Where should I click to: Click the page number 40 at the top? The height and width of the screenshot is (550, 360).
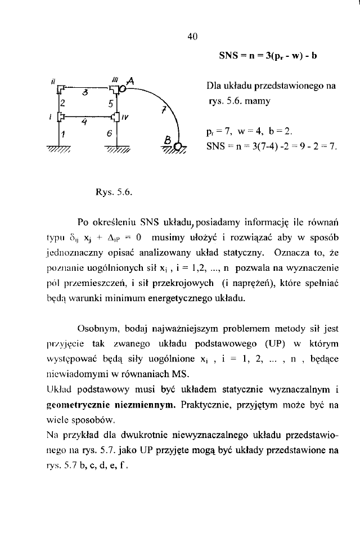192,37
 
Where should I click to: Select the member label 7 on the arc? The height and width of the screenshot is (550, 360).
164,110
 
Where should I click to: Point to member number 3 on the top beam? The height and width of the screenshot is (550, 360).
85,92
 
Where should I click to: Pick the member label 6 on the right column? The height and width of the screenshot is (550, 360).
111,133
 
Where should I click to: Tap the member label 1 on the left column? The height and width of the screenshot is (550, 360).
64,133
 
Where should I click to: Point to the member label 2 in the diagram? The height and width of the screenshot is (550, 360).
63,104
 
